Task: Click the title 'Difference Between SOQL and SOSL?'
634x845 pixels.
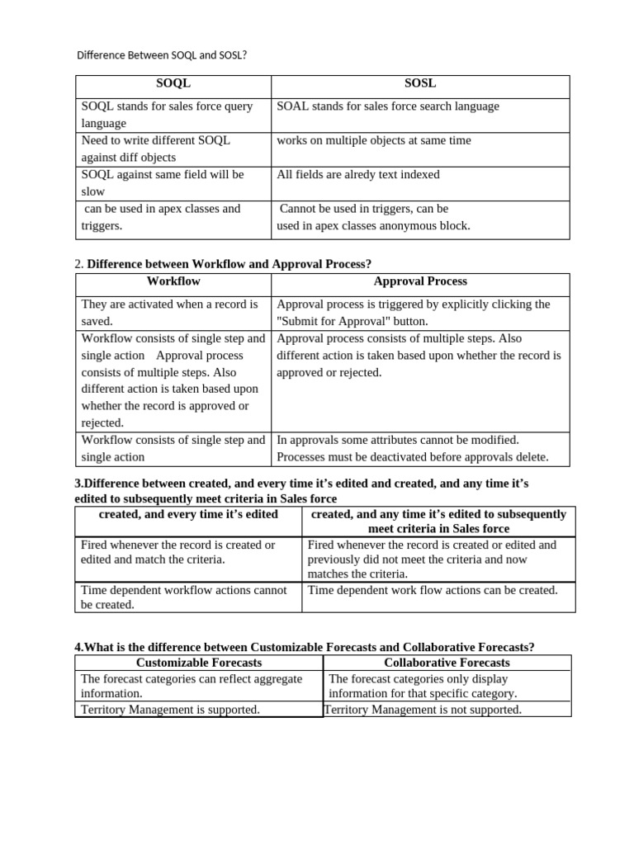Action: click(x=162, y=55)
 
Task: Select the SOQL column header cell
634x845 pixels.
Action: click(x=173, y=83)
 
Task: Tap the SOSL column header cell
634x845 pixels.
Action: click(x=420, y=83)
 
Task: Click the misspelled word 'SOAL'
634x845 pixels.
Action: click(x=293, y=106)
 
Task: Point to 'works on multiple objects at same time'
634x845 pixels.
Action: click(x=374, y=140)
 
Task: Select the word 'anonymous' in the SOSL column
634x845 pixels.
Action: click(x=413, y=225)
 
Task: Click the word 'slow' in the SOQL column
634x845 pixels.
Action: click(x=93, y=191)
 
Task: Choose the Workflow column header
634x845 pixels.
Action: click(x=173, y=281)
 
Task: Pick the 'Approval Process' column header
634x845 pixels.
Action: click(x=420, y=281)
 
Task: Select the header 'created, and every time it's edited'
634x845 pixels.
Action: click(x=188, y=514)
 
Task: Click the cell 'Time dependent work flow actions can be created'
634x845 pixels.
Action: click(x=433, y=590)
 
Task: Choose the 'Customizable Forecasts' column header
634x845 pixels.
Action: click(x=199, y=663)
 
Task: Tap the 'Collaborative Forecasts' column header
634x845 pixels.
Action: click(x=447, y=663)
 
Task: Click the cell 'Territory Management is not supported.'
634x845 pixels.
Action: click(x=423, y=710)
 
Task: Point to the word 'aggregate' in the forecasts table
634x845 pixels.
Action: click(x=273, y=678)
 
